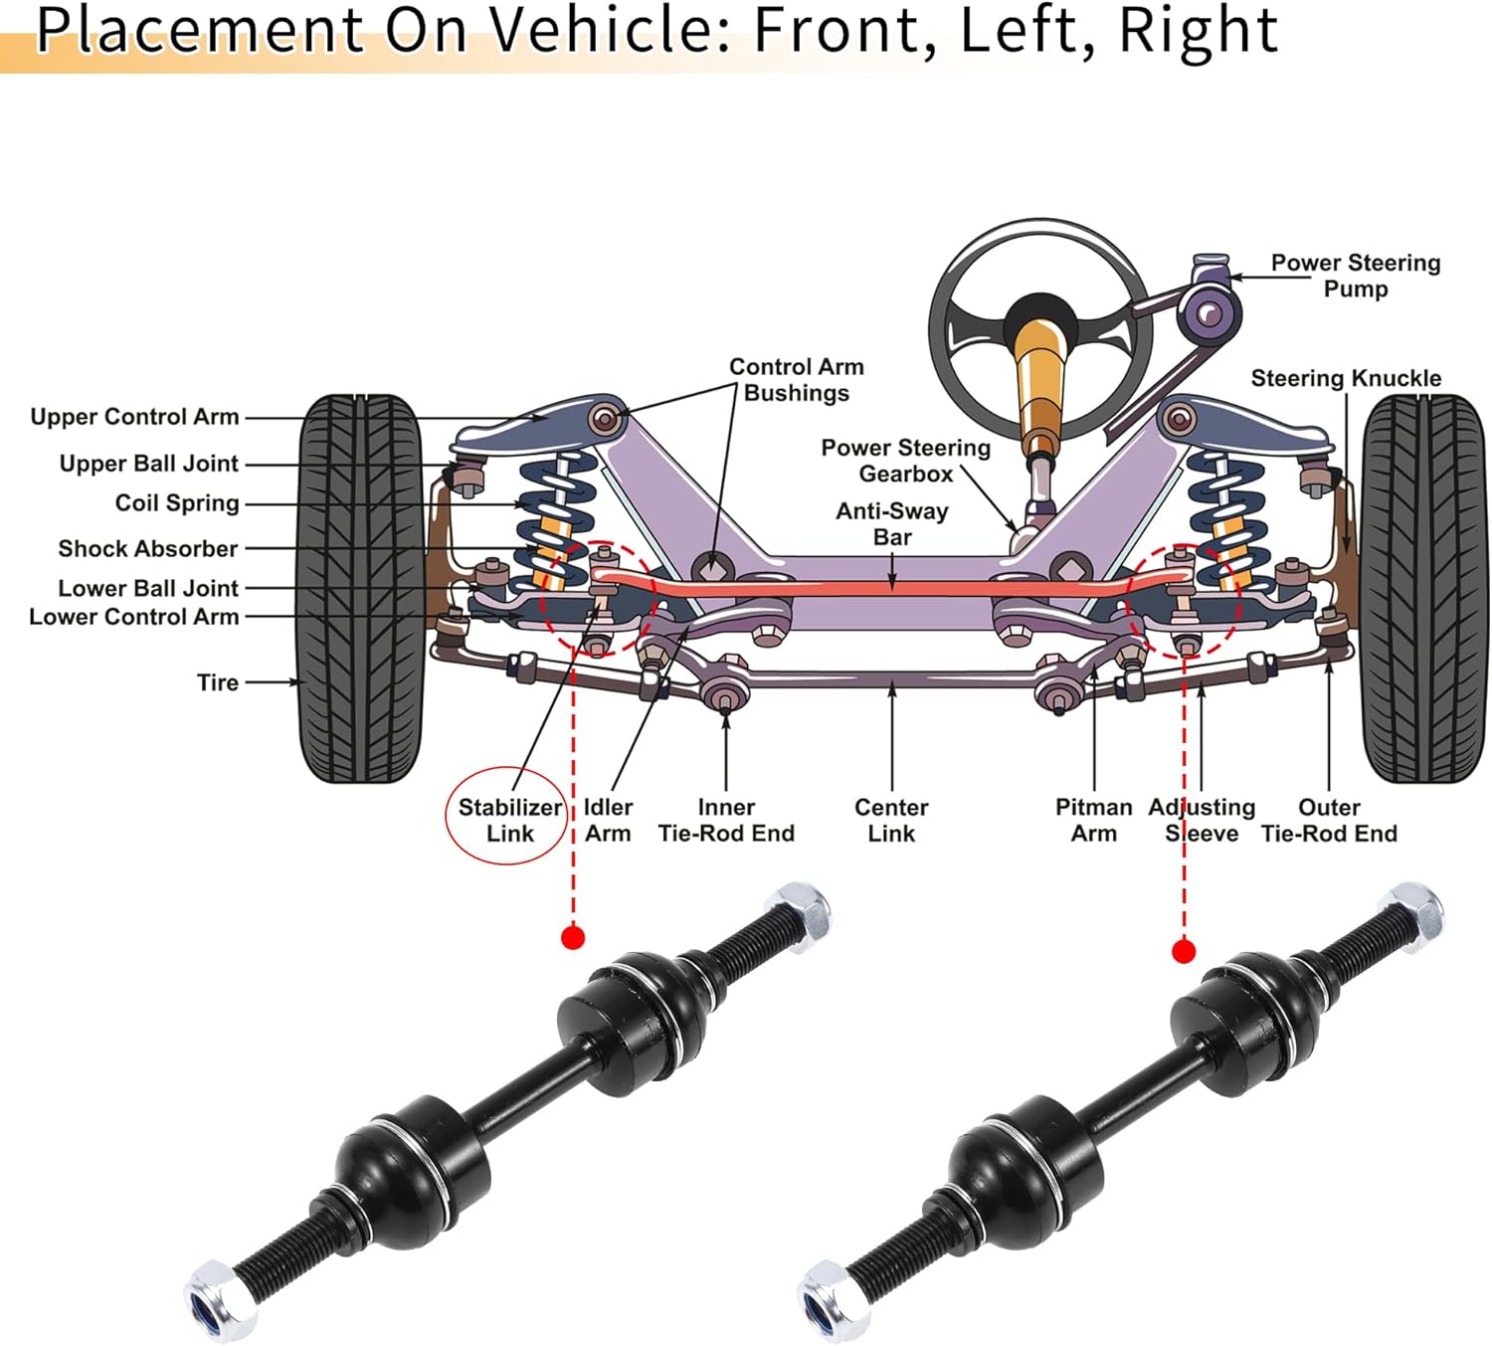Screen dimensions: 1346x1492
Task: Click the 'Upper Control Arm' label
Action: pos(134,417)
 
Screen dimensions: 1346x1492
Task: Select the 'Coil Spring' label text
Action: pos(177,503)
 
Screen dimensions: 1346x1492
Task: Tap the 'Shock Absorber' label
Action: pos(148,549)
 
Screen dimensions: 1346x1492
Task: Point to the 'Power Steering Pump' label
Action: pos(1355,276)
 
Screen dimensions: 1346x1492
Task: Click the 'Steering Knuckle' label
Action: pos(1345,379)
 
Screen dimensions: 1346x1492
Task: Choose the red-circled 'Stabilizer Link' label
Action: pos(509,820)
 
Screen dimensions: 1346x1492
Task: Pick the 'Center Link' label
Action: pos(891,820)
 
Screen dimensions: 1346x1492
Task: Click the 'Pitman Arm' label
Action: pos(1093,820)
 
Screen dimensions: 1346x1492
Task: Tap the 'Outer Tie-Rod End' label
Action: pos(1329,820)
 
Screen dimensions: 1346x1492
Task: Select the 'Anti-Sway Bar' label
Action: pos(892,523)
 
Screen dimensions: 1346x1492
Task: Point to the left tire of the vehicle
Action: pos(360,587)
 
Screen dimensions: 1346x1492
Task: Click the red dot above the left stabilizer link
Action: pos(573,937)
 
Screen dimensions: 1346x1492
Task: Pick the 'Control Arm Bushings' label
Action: pos(796,380)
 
